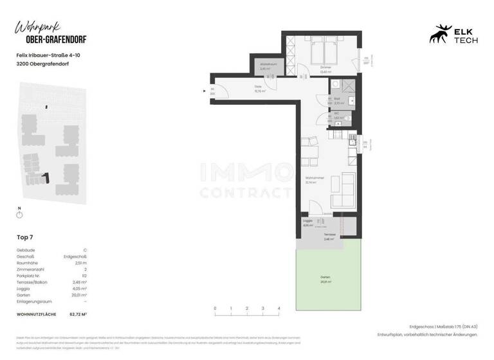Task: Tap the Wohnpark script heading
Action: click(x=38, y=28)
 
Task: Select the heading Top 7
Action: click(x=24, y=237)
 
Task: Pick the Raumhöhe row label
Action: click(x=26, y=262)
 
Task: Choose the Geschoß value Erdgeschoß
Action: click(x=79, y=256)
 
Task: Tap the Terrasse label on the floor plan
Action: click(x=329, y=237)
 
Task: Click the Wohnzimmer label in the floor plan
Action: click(x=314, y=180)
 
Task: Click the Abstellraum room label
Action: click(x=268, y=66)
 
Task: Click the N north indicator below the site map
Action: click(x=19, y=208)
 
